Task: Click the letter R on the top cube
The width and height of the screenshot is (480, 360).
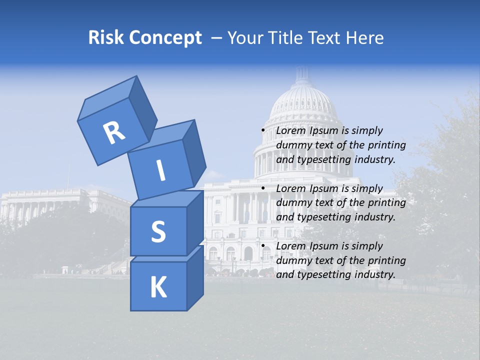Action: (x=114, y=132)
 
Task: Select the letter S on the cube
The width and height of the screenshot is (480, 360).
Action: (x=158, y=231)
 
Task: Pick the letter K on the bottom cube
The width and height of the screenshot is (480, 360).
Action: (x=158, y=287)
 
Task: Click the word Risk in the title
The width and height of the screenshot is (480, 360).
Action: (x=106, y=37)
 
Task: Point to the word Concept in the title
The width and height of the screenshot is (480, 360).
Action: (x=165, y=38)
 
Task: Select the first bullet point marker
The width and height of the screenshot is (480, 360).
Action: (x=263, y=130)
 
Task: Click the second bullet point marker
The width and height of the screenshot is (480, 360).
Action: (x=263, y=188)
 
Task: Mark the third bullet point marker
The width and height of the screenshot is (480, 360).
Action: (x=263, y=246)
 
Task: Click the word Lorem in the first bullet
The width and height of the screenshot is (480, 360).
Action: (x=290, y=130)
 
